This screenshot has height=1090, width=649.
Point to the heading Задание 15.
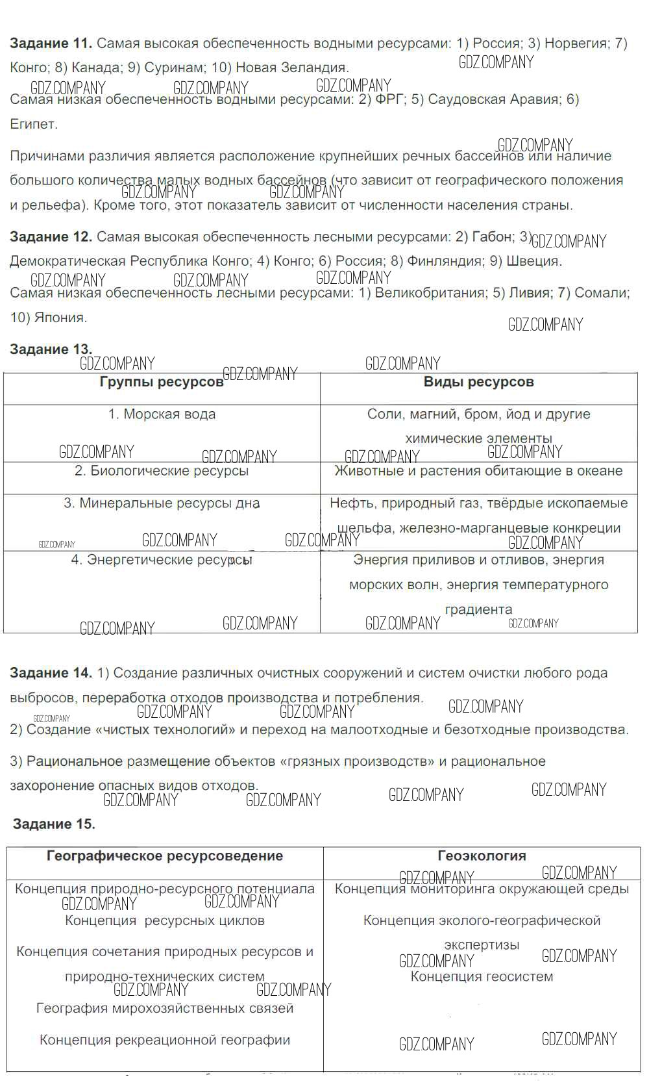coord(54,824)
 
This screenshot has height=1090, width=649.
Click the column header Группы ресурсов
coord(162,383)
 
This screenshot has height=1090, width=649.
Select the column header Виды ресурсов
coord(478,382)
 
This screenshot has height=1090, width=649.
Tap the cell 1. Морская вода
coord(162,414)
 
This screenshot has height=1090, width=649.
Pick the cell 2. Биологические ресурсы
coord(162,471)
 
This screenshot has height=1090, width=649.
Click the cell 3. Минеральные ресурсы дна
coord(162,503)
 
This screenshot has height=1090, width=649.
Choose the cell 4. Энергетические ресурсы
coord(162,560)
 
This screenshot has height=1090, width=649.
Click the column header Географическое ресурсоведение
coord(165,856)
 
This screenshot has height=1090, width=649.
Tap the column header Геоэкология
coord(482,856)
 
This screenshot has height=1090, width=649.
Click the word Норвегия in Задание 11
coord(575,44)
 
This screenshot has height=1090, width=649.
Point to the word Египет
coord(33,124)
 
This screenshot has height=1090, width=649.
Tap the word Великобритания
coord(430,293)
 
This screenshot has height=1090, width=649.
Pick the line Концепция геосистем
coord(482,977)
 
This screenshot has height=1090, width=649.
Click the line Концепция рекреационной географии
coord(165,1040)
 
